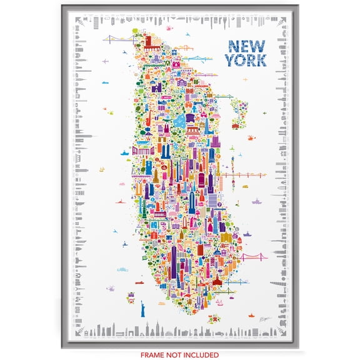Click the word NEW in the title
[247, 47]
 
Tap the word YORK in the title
[247, 61]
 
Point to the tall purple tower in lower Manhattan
[174, 257]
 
